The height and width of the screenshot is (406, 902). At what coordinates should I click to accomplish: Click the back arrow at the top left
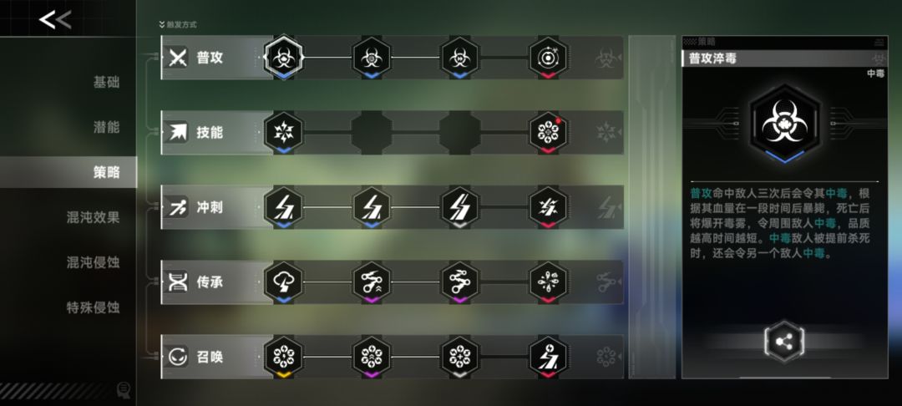(54, 19)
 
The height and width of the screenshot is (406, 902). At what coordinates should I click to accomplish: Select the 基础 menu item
(106, 82)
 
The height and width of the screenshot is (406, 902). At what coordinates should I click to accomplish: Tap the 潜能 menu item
(106, 127)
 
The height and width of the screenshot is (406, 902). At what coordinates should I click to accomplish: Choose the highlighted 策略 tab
(106, 172)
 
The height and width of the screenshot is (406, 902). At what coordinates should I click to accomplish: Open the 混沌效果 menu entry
(94, 217)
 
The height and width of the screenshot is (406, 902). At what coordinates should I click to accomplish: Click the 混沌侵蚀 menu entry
(94, 262)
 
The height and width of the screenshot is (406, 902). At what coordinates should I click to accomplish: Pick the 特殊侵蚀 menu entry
(94, 307)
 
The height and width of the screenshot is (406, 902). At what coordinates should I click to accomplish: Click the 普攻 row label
(210, 58)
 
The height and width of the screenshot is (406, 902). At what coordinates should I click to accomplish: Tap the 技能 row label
(210, 132)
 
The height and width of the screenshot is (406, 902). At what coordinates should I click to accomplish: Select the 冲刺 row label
(210, 207)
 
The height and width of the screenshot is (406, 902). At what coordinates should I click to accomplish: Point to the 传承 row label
(210, 282)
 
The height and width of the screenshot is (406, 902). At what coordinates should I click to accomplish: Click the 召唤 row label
(210, 357)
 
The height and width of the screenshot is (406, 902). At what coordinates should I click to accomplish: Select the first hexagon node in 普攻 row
(283, 57)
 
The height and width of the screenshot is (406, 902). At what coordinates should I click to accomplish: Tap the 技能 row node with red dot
(548, 132)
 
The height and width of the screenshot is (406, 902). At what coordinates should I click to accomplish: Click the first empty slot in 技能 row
(372, 132)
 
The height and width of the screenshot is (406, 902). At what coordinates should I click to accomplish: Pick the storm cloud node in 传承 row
(283, 282)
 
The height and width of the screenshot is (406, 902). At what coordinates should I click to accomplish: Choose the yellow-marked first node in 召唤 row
(283, 357)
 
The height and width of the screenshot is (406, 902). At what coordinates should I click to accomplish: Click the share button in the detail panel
(783, 343)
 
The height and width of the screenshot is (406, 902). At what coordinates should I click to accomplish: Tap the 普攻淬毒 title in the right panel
(712, 58)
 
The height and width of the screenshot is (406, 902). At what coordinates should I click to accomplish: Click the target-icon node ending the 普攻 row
(548, 58)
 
